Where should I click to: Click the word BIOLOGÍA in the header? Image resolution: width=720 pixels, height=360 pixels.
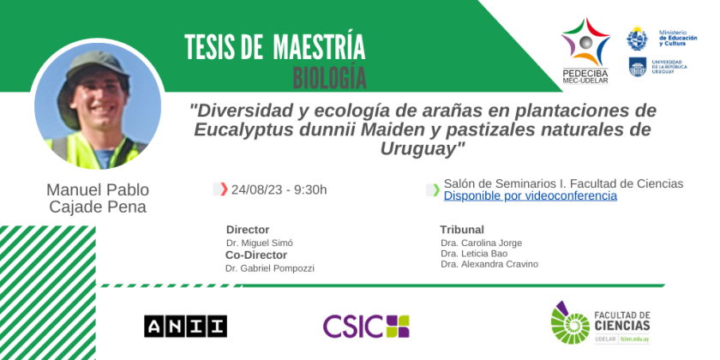(x=330, y=78)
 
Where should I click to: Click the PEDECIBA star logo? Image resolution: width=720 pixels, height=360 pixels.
(x=585, y=43)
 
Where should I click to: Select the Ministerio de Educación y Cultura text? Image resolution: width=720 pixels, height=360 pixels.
(x=678, y=38)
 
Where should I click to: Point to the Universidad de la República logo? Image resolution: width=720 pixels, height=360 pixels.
(x=638, y=67)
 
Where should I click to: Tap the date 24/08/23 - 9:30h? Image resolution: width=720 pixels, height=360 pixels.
(x=279, y=189)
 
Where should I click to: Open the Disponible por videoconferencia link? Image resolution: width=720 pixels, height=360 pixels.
(x=531, y=196)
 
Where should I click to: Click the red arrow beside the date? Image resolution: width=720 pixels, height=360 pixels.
(x=224, y=189)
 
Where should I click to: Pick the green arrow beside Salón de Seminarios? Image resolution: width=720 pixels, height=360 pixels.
(x=436, y=189)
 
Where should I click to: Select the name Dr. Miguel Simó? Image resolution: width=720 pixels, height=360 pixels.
(x=260, y=243)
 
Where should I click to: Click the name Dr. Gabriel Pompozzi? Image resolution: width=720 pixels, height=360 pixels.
(x=269, y=268)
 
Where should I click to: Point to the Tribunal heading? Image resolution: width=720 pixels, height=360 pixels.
(x=462, y=230)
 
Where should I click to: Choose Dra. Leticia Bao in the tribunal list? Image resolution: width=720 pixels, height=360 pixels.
(x=474, y=254)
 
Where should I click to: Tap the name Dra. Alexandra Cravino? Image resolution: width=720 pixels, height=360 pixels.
(x=489, y=264)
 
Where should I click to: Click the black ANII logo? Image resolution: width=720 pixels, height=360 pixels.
(x=185, y=326)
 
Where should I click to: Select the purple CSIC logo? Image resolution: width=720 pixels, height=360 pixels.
(x=366, y=326)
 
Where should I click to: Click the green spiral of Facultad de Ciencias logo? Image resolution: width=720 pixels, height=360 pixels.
(x=570, y=323)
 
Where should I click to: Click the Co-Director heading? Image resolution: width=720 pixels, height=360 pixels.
(x=256, y=255)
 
